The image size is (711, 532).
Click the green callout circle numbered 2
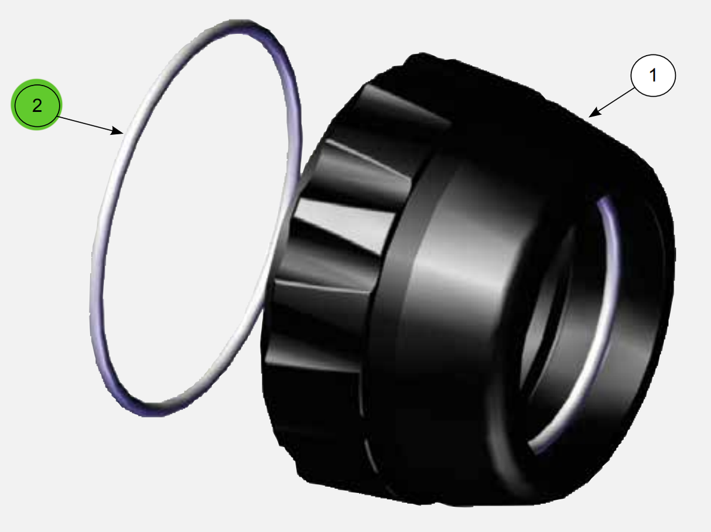tap(37, 106)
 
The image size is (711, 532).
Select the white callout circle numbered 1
tap(653, 74)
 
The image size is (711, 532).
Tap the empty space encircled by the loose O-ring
tap(193, 223)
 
